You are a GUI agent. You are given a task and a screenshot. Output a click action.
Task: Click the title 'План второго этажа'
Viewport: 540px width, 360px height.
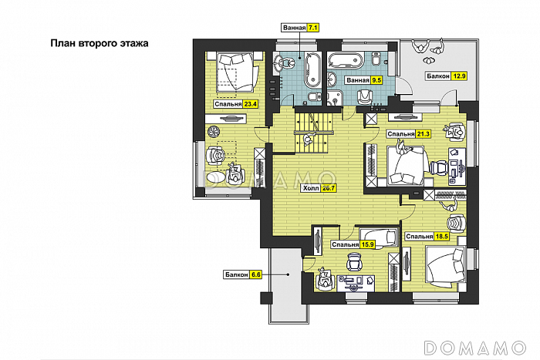[x=100, y=43]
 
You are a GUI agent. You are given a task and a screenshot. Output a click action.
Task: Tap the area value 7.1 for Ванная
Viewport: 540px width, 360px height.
[x=312, y=28]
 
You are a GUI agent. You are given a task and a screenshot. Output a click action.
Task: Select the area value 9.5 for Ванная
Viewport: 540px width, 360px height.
[x=376, y=80]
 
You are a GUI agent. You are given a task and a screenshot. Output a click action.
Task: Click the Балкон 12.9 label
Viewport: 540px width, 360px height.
[x=446, y=76]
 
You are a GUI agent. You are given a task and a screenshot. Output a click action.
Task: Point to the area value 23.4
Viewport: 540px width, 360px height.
[x=251, y=104]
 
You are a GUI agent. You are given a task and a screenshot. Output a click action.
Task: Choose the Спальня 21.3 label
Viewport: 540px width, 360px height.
[x=409, y=134]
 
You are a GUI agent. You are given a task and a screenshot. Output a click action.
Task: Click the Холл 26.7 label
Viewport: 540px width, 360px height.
[x=319, y=188]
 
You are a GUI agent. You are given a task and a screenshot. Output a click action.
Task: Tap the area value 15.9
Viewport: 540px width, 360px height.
[x=367, y=244]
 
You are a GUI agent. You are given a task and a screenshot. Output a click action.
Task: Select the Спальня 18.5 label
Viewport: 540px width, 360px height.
[x=427, y=237]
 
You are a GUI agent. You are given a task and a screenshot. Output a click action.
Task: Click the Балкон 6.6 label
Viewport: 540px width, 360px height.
[x=243, y=274]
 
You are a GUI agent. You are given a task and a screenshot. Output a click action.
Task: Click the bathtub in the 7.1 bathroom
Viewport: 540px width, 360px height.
[x=312, y=70]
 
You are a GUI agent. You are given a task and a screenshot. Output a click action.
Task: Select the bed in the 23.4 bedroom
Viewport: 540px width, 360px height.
[x=237, y=72]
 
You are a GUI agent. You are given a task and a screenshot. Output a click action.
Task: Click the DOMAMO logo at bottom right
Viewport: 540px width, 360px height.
[x=475, y=348]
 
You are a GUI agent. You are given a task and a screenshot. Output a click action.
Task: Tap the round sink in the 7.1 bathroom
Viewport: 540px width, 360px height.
[x=285, y=62]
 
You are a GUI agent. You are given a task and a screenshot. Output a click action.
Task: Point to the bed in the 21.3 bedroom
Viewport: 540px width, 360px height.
[x=407, y=166]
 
